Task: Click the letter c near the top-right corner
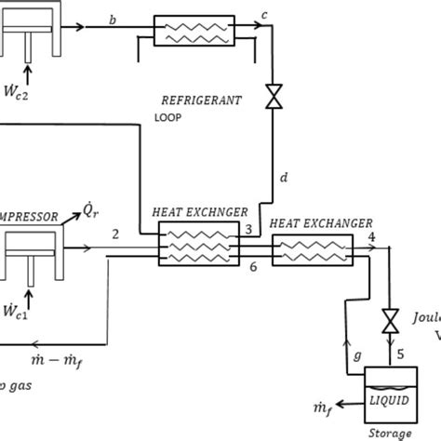265,16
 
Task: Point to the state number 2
114,234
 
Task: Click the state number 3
248,229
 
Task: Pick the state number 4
371,238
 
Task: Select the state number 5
400,353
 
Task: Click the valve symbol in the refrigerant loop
274,95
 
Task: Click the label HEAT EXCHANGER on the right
320,222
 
